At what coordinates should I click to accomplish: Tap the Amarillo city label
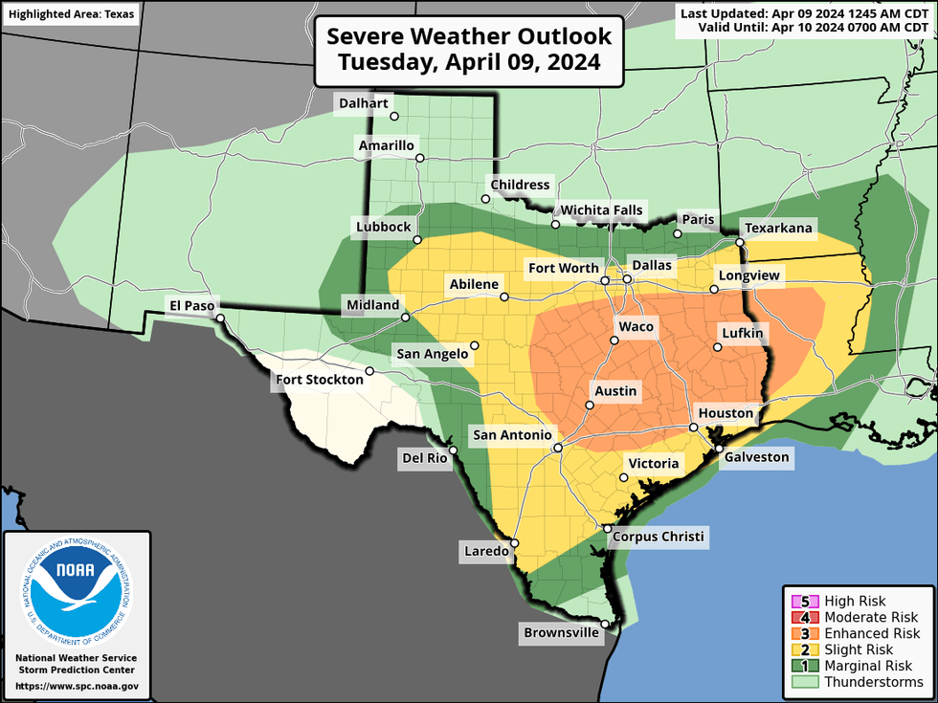point(386,146)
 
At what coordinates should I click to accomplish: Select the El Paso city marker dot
point(219,319)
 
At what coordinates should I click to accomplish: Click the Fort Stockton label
point(320,380)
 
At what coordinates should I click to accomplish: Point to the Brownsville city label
point(560,633)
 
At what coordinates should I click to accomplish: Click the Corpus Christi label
point(658,537)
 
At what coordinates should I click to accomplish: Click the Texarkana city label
point(779,229)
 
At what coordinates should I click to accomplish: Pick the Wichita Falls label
point(602,210)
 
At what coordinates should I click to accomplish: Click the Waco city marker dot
point(614,340)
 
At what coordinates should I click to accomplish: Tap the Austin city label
point(615,391)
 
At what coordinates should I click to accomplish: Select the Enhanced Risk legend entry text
point(872,634)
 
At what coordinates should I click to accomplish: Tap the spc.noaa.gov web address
point(77,686)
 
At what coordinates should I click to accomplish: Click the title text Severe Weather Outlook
point(469,37)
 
